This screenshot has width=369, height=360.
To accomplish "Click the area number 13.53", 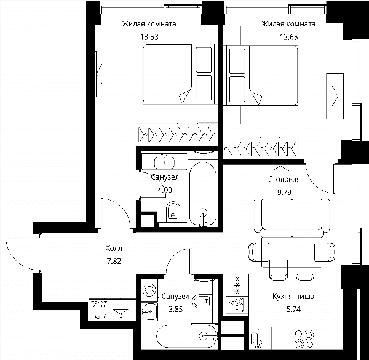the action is [149, 37].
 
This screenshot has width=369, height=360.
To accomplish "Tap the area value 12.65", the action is [289, 37].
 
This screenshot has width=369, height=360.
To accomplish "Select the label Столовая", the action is [284, 180].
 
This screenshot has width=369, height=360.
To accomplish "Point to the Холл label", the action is [114, 249].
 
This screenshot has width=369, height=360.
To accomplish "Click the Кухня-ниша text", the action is [293, 296].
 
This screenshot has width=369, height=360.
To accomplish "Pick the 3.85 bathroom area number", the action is [175, 309].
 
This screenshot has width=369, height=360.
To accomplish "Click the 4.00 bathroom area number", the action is [165, 190].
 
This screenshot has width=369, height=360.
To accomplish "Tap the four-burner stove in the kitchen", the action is [304, 339].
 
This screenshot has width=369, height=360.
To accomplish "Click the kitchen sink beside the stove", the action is [261, 338].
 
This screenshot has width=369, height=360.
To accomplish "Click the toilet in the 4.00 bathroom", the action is [173, 212].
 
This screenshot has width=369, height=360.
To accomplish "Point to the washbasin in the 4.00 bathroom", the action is [164, 161].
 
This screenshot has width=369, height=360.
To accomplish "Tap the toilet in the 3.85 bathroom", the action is [202, 301].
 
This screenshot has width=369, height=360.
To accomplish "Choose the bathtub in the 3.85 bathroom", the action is [186, 336].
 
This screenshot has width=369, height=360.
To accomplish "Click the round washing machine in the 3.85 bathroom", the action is [149, 290].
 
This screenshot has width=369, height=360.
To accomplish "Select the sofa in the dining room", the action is [292, 218].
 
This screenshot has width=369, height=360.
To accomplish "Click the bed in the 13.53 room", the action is [179, 74].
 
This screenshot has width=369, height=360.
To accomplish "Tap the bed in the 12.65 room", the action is [261, 75].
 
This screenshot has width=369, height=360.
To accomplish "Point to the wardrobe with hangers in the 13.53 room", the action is [177, 135].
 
